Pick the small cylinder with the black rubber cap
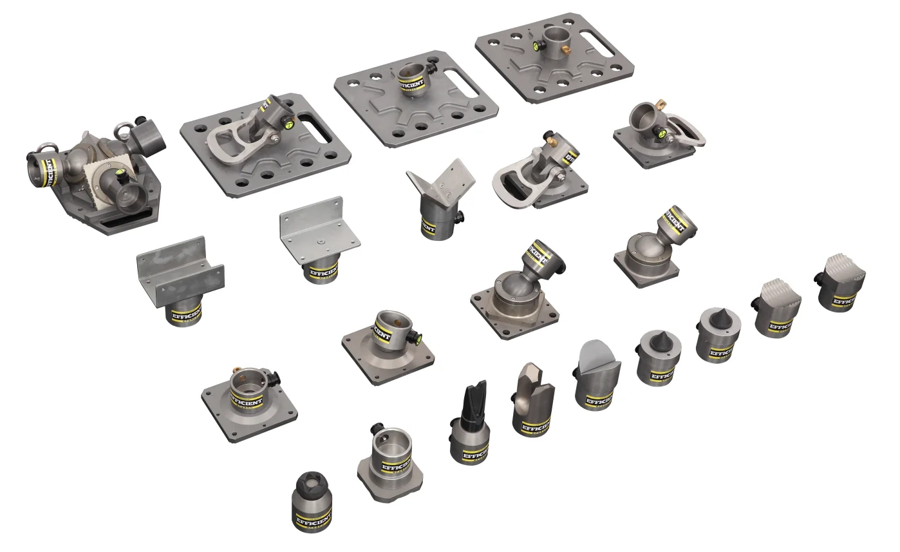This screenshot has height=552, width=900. coord(311,487)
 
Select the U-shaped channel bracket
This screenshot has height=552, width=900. coord(180,271)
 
